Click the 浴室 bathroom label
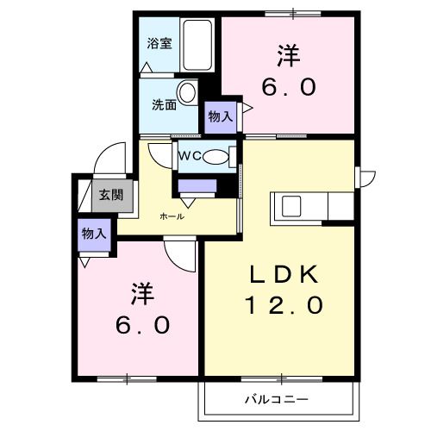click(x=159, y=42)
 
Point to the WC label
click(x=191, y=156)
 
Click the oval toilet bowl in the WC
click(x=219, y=157)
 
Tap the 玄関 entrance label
click(x=109, y=196)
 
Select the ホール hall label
click(x=172, y=216)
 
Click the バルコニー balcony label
click(x=276, y=400)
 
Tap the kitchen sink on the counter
click(x=288, y=207)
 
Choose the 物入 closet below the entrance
click(x=94, y=233)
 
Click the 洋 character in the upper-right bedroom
click(x=289, y=57)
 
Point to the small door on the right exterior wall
click(x=366, y=178)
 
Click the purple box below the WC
click(x=197, y=184)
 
